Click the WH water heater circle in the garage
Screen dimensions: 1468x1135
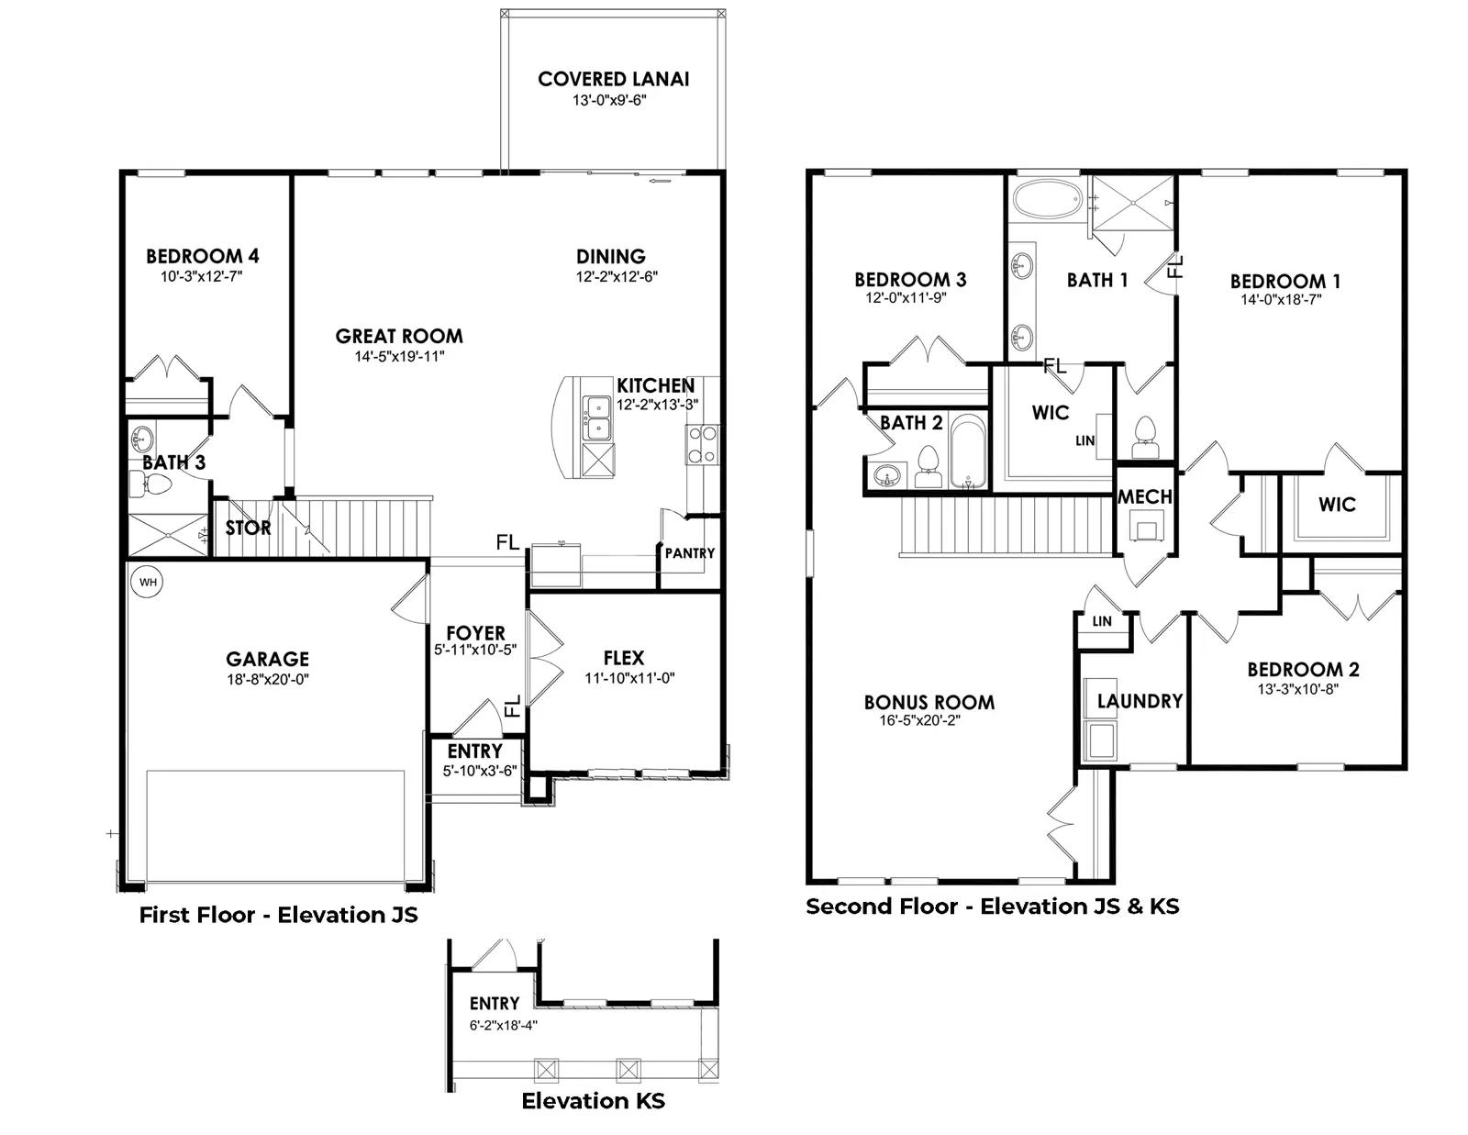[148, 583]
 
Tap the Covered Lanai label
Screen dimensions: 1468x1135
[614, 79]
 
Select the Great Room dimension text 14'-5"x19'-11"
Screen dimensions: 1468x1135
[399, 356]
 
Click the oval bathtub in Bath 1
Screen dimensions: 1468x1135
[1047, 198]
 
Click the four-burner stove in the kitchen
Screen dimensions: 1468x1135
[703, 444]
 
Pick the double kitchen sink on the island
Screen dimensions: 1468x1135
[596, 417]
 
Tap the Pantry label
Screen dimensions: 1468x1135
[690, 553]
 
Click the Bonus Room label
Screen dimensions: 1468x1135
[929, 703]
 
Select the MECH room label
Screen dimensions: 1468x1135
[1144, 497]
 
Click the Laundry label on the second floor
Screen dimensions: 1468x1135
[1140, 701]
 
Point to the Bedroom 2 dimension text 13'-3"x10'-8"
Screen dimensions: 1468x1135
[1297, 689]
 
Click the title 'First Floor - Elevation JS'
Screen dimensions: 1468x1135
[278, 915]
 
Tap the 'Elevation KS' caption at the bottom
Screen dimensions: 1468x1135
[593, 1101]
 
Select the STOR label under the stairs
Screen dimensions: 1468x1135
[248, 529]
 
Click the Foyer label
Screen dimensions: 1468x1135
[475, 633]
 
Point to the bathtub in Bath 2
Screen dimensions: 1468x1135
[969, 451]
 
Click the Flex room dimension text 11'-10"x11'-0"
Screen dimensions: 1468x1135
[629, 678]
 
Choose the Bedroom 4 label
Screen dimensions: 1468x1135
[202, 256]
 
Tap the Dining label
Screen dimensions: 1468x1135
[611, 257]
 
